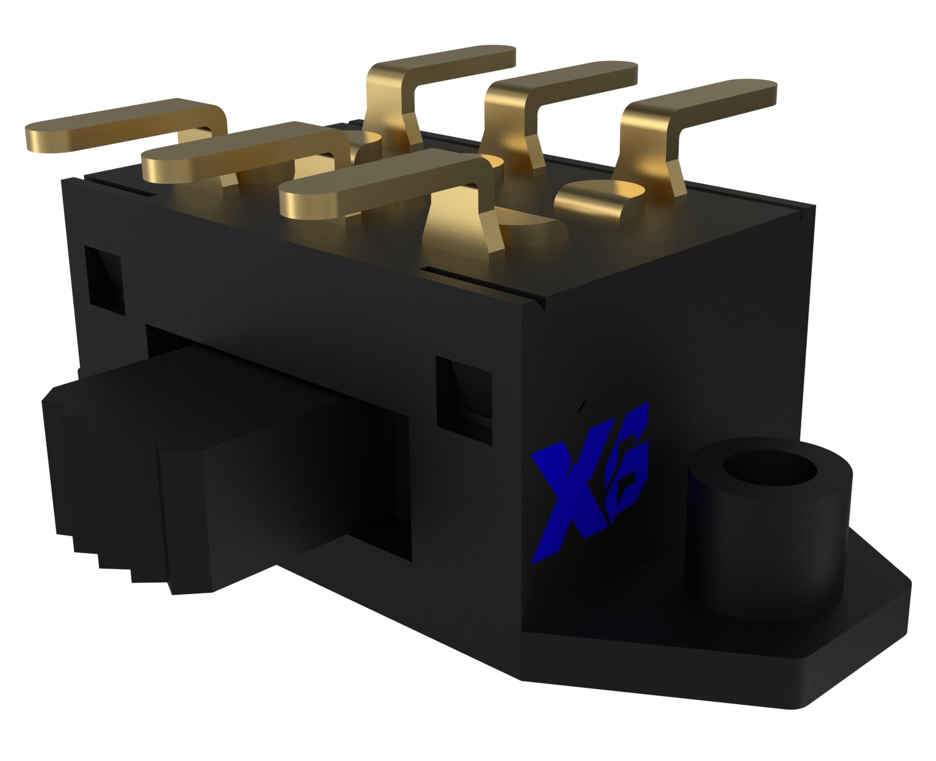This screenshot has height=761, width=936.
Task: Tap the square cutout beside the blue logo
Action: pos(463,393)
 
